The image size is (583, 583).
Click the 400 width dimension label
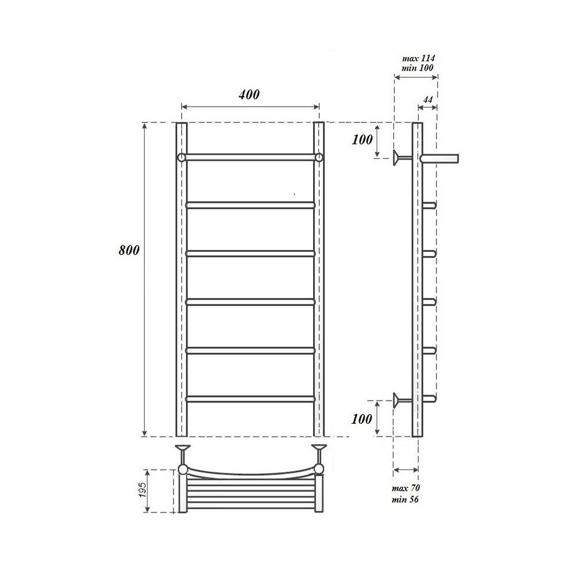(x=249, y=94)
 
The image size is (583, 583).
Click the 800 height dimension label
(x=128, y=251)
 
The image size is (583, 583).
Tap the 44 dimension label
(x=427, y=100)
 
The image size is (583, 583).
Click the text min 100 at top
(x=417, y=68)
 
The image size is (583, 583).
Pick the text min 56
(x=407, y=500)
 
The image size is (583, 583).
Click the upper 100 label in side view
(x=363, y=140)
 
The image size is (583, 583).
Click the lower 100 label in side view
(x=363, y=418)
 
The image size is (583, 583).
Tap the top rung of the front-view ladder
(x=251, y=157)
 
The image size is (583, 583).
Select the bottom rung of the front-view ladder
(x=251, y=399)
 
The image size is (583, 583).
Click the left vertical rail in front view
(x=181, y=280)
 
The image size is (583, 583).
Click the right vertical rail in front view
(x=318, y=280)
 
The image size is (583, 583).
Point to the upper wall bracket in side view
(x=400, y=157)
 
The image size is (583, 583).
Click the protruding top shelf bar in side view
(x=440, y=157)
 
